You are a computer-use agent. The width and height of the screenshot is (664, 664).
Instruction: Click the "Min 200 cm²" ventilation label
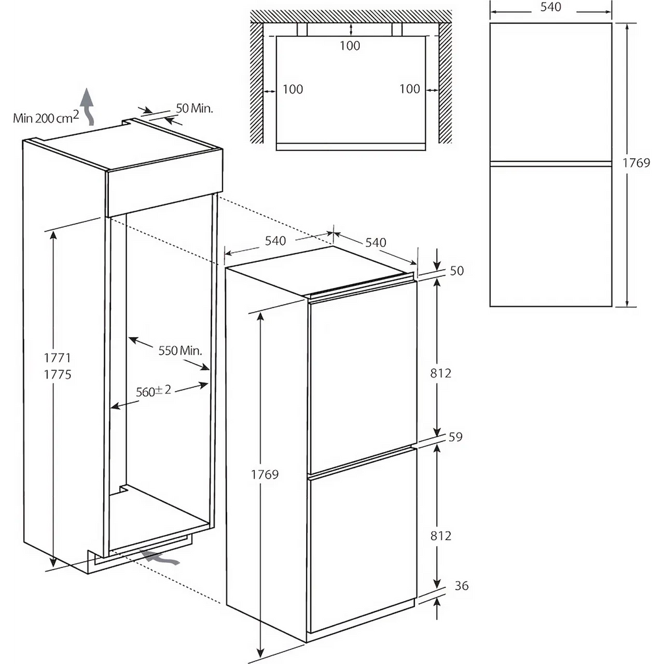tap(46, 117)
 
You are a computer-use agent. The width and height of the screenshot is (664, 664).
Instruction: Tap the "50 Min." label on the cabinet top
tap(195, 108)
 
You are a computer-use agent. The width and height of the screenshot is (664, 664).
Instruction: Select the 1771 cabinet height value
tap(57, 358)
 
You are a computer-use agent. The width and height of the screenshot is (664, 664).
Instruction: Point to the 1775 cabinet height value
tap(57, 374)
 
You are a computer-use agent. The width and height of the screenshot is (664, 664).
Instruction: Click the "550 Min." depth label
tap(180, 350)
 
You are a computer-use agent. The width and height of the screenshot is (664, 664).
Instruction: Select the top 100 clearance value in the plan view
tap(350, 46)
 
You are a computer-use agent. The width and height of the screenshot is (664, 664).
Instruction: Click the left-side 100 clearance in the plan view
tap(292, 89)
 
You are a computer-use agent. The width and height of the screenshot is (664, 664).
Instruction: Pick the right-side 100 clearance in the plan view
tap(410, 89)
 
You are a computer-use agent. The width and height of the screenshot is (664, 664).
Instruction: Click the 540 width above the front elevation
tap(551, 6)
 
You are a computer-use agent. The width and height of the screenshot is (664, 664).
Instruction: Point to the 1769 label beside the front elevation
tap(635, 163)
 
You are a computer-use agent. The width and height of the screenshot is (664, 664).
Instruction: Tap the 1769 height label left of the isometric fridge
tap(265, 474)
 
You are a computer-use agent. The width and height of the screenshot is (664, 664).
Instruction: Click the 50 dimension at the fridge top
tap(456, 270)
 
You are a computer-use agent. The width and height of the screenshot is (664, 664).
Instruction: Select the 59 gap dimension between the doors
tap(455, 436)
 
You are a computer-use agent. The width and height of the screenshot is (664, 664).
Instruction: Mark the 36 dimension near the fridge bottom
tap(462, 586)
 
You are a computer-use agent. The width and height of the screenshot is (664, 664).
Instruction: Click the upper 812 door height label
tap(440, 373)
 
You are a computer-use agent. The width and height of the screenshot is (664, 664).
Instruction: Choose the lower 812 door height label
tap(440, 536)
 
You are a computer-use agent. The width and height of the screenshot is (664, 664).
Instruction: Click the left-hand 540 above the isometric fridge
tap(275, 241)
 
